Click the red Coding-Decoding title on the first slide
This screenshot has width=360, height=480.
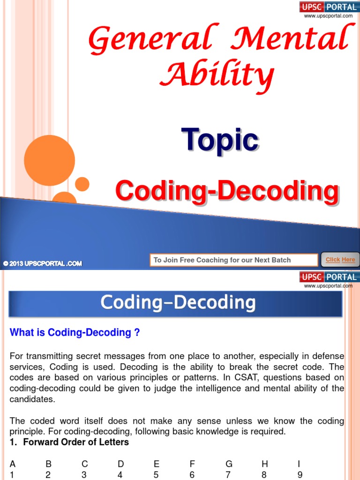227,192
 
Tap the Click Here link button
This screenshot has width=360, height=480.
340,260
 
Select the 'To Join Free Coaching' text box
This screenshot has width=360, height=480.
233,260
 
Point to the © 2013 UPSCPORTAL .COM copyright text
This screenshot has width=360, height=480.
43,263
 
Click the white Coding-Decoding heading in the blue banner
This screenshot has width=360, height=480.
178,303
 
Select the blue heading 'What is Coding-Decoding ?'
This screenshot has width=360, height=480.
75,333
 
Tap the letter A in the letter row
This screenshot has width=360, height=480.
13,464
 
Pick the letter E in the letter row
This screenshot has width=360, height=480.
157,464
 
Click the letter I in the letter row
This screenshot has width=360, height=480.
299,464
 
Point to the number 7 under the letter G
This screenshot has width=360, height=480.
228,474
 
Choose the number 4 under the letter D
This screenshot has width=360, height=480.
120,474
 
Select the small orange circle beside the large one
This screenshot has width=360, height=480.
82,184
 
